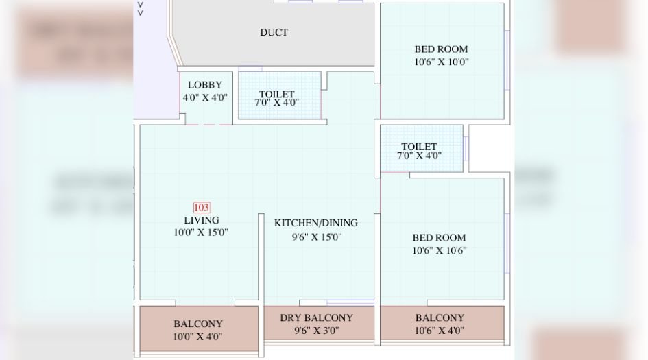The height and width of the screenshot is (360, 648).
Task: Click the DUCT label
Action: (274, 32)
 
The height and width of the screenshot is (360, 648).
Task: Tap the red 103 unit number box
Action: (202, 207)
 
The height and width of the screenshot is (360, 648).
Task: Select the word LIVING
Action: (202, 220)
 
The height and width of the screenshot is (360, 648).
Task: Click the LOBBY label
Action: (205, 85)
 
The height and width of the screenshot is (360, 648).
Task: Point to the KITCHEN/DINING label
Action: (316, 223)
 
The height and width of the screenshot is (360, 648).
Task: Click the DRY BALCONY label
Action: (316, 317)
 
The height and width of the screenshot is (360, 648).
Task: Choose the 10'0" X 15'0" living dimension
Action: (201, 232)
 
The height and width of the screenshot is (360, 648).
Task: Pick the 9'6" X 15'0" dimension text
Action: (316, 237)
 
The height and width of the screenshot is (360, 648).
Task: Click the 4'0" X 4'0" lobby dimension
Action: (205, 97)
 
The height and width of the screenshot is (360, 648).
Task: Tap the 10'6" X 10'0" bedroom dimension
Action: (441, 62)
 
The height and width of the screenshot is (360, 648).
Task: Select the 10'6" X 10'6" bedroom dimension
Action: (439, 250)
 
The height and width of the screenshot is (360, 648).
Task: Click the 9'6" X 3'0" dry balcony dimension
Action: (316, 331)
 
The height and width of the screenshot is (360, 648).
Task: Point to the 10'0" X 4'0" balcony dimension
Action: (197, 337)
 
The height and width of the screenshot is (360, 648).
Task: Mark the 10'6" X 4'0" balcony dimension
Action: (440, 331)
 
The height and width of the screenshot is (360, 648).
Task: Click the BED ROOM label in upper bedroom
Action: (441, 49)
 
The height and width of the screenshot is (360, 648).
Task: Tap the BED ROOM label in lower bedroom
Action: (439, 238)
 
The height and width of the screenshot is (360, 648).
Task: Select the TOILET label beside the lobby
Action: (276, 94)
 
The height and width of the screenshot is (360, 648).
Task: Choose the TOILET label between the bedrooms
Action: (419, 147)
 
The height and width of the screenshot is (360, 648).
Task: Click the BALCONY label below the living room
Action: (197, 324)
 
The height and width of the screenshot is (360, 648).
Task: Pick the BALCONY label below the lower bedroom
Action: (440, 317)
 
